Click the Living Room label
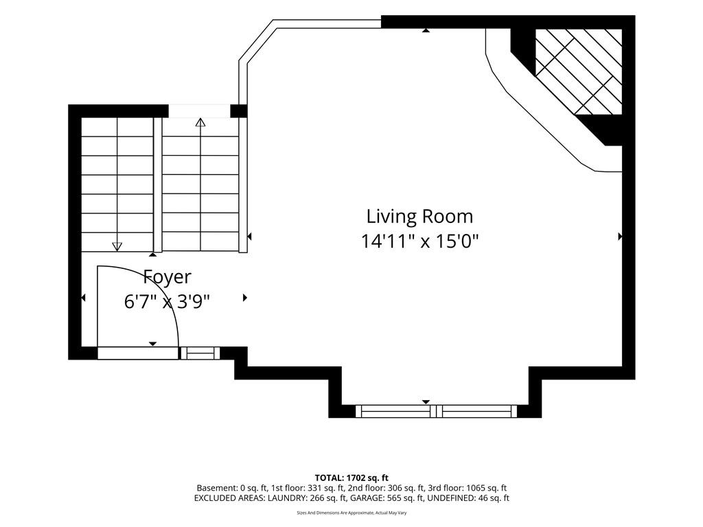tap(419, 216)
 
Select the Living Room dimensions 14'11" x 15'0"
tap(419, 242)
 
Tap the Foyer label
tap(168, 277)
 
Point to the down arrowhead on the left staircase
tap(117, 246)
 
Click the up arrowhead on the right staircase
tap(200, 122)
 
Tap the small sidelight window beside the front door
tap(200, 353)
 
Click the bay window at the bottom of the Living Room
tap(436, 411)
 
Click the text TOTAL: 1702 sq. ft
tap(351, 478)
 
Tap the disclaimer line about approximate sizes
tap(351, 513)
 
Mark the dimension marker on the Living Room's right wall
tap(620, 236)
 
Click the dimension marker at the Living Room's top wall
tap(426, 30)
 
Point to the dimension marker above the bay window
tap(426, 402)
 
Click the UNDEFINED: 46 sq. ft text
tap(468, 498)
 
